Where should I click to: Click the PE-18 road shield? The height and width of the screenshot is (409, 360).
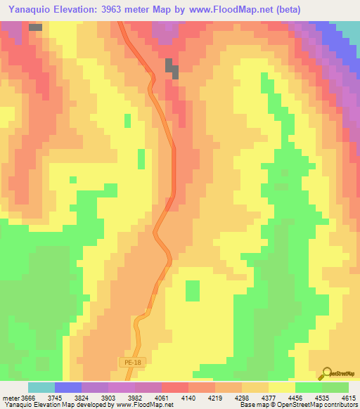(128, 362)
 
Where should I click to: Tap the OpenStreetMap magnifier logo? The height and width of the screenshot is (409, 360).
(328, 373)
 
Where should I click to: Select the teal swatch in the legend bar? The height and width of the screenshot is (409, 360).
(41, 387)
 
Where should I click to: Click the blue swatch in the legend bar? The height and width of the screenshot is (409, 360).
(68, 387)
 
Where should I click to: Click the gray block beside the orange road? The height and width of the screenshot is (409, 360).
(172, 67)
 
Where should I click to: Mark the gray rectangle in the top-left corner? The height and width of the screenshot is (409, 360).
(35, 27)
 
